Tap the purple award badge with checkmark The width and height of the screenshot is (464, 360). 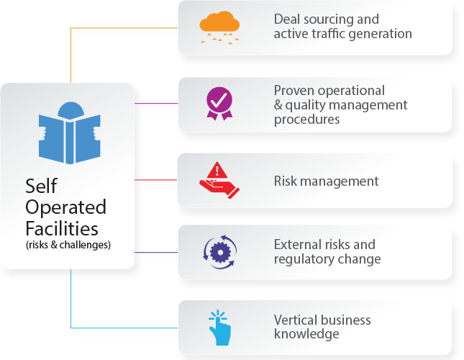[x=219, y=103]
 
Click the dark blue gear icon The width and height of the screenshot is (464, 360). [x=219, y=251]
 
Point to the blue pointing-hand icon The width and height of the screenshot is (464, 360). [x=219, y=327]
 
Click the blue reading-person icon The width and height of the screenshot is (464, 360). [x=69, y=133]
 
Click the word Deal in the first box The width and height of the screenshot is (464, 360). [x=288, y=19]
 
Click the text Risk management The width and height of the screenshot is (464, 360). [x=326, y=181]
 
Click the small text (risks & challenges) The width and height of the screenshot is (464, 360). [x=68, y=245]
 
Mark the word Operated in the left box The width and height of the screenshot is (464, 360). [x=65, y=207]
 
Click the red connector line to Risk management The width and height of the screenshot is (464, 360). [x=156, y=180]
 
